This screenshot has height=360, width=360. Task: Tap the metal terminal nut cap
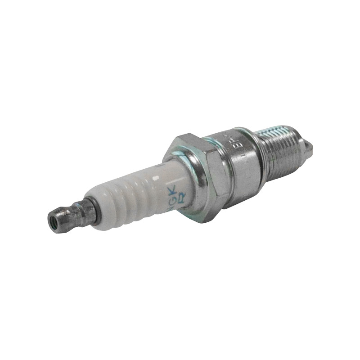[63, 216]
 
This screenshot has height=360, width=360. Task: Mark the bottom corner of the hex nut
[205, 220]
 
